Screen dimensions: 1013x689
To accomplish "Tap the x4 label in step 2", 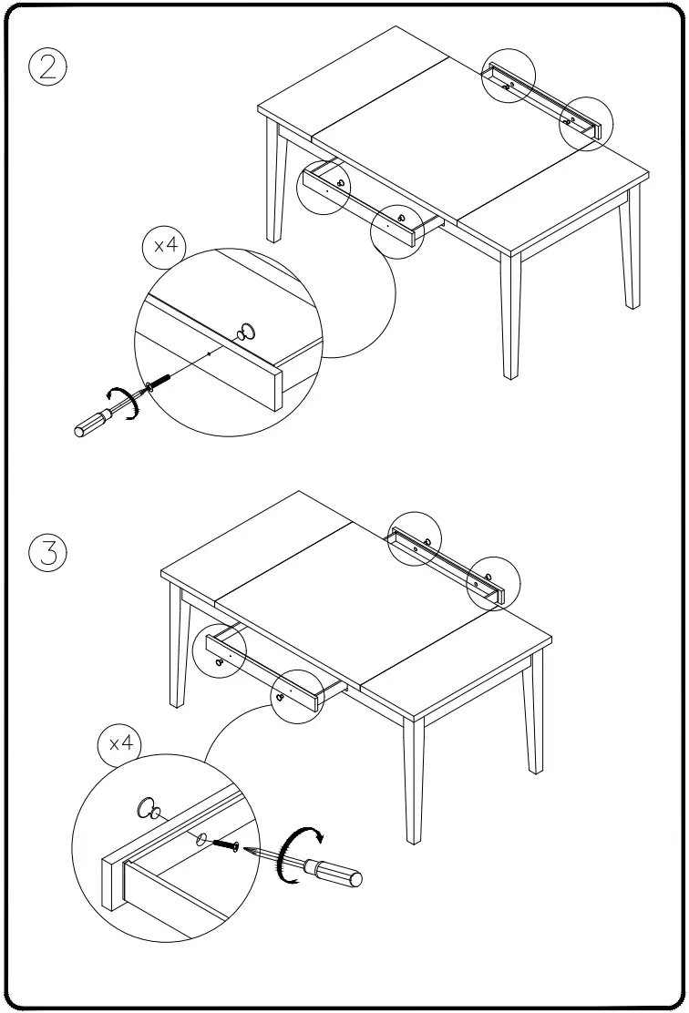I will tap(164, 246).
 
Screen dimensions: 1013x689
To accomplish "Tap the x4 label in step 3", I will tap(119, 743).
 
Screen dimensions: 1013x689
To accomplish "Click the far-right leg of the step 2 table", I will tap(629, 255).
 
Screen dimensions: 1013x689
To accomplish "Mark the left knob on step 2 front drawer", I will tap(340, 183).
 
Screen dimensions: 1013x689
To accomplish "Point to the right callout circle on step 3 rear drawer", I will tap(492, 581).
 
